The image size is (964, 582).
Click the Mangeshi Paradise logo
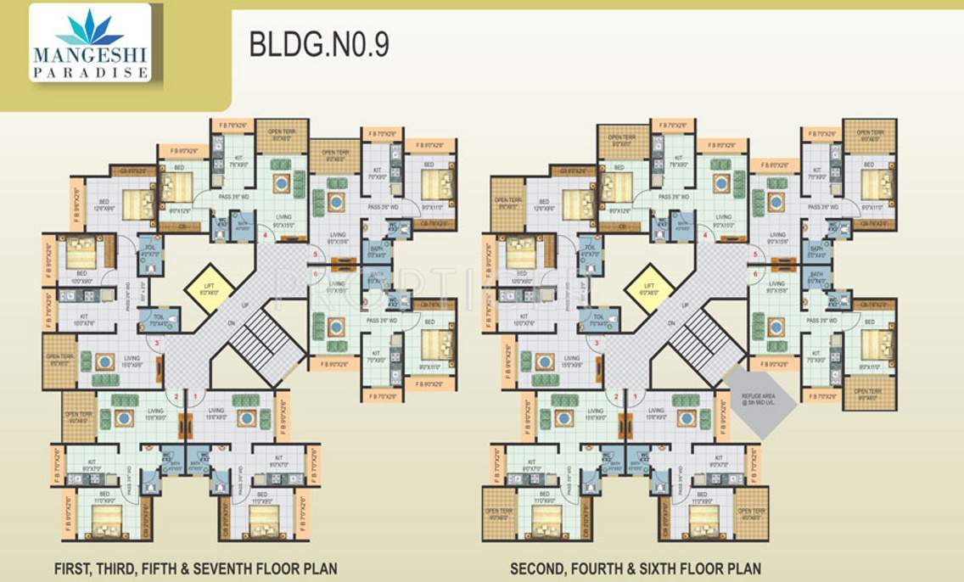click(x=90, y=43)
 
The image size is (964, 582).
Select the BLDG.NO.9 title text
click(x=318, y=45)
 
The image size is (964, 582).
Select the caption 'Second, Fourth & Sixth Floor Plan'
click(x=635, y=568)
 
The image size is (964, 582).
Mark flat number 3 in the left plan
click(x=156, y=343)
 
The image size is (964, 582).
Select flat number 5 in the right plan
click(x=754, y=254)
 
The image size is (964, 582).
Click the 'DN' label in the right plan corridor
click(x=670, y=323)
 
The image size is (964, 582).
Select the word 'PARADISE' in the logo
click(x=90, y=73)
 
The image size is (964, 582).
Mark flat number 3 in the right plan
click(x=596, y=343)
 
